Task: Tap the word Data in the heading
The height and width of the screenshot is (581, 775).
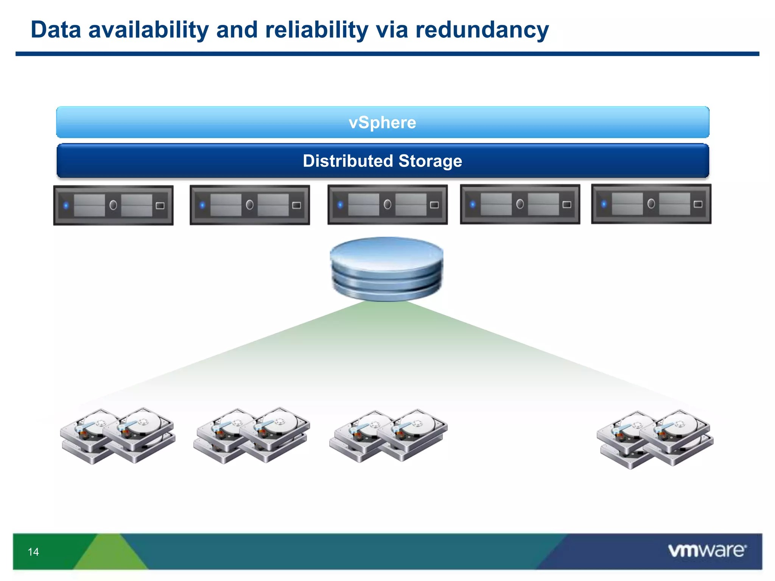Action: pyautogui.click(x=56, y=30)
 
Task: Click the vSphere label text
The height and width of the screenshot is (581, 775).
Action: pyautogui.click(x=382, y=123)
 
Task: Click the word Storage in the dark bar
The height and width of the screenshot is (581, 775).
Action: pyautogui.click(x=430, y=161)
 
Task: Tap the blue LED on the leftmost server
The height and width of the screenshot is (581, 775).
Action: pyautogui.click(x=66, y=206)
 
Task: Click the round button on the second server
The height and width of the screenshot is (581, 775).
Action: pyautogui.click(x=250, y=205)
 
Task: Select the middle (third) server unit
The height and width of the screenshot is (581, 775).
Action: pyautogui.click(x=387, y=205)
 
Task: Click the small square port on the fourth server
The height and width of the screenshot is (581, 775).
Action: pyautogui.click(x=566, y=205)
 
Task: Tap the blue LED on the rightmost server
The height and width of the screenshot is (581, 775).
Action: pyautogui.click(x=604, y=204)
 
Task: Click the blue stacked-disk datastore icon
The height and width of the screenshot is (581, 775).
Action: pyautogui.click(x=386, y=269)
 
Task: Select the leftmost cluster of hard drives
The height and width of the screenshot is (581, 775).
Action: pyautogui.click(x=117, y=436)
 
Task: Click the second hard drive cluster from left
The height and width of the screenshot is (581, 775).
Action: pyautogui.click(x=252, y=435)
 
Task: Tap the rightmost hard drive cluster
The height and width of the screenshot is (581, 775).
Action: pyautogui.click(x=655, y=439)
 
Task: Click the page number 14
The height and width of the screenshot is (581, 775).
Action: pyautogui.click(x=33, y=552)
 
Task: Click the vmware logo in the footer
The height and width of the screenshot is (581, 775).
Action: pyautogui.click(x=707, y=550)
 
